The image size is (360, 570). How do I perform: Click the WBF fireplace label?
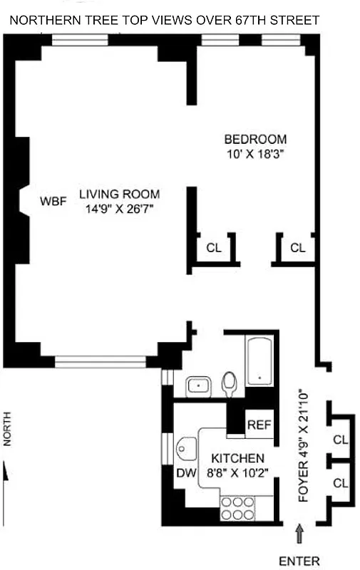53,201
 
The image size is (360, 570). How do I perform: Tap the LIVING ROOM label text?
119,194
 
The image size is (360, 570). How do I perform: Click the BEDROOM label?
255,139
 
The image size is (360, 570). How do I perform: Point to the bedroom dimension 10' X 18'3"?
254,153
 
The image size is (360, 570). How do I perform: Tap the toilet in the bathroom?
230,385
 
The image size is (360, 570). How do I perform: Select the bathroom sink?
196,387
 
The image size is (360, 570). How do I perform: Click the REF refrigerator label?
259,425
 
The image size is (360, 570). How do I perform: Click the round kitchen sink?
186,449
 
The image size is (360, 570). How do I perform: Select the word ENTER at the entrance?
299,561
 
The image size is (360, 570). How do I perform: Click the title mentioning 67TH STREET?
164,21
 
